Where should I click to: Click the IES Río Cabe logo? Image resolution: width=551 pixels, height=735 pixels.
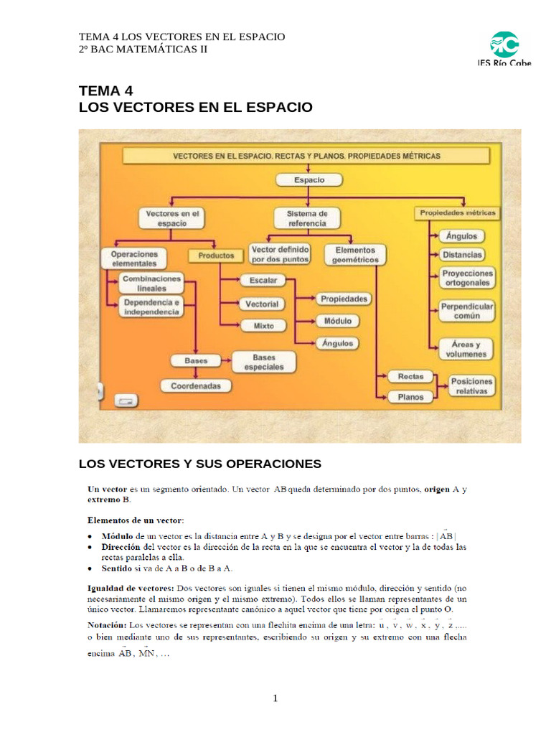[504, 48]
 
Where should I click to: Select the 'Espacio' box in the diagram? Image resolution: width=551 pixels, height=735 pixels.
[309, 180]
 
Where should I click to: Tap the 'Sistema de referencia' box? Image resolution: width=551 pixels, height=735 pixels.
[307, 218]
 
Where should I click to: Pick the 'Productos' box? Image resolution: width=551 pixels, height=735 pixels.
[216, 255]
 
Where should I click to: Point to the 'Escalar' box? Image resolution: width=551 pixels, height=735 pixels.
[262, 280]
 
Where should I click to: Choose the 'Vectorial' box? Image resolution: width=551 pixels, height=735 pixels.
[262, 304]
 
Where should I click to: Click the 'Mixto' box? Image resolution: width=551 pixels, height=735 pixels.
[263, 326]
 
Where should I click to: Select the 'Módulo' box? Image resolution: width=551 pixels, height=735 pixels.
[337, 321]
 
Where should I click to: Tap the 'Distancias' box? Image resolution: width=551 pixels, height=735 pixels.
[462, 254]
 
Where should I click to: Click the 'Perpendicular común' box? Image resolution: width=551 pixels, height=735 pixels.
[467, 311]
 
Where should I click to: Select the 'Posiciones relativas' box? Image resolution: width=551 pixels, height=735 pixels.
[471, 386]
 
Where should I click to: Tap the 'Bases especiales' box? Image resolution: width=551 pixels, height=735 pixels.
[263, 362]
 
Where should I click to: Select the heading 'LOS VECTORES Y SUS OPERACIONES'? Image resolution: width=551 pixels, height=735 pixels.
[199, 464]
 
